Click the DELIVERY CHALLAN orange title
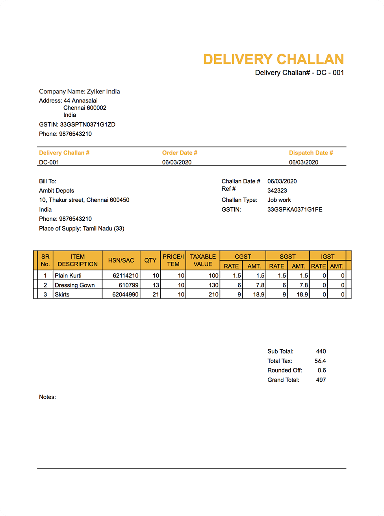coord(273,60)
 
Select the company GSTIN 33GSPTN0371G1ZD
coord(87,125)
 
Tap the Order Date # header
coord(180,153)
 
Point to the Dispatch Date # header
coord(311,153)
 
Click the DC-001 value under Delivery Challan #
coord(49,162)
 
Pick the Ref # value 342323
coord(277,191)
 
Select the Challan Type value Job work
coord(279,200)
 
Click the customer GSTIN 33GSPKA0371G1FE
coord(295,210)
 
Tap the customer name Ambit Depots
coord(56,191)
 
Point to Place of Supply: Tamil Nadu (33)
coord(82,229)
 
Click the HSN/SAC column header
coord(121,261)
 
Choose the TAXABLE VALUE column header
coord(203,261)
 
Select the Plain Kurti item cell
coord(68,276)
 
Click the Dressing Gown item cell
coord(74,285)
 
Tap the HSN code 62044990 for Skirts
coord(125,294)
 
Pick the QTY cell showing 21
coord(156,294)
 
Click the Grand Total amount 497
coord(321,380)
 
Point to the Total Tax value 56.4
coord(320,361)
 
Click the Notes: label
coord(47,397)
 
